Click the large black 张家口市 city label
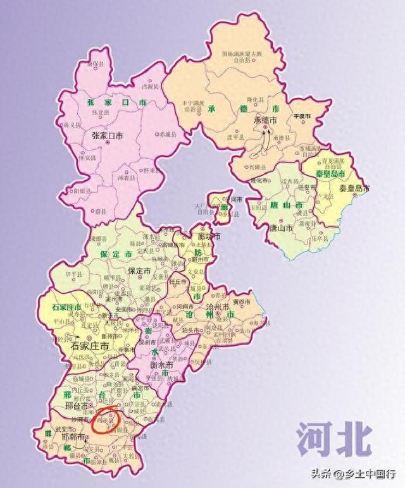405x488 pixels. [108, 135]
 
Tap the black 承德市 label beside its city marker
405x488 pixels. [266, 121]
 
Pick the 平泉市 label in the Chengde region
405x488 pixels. [301, 118]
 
